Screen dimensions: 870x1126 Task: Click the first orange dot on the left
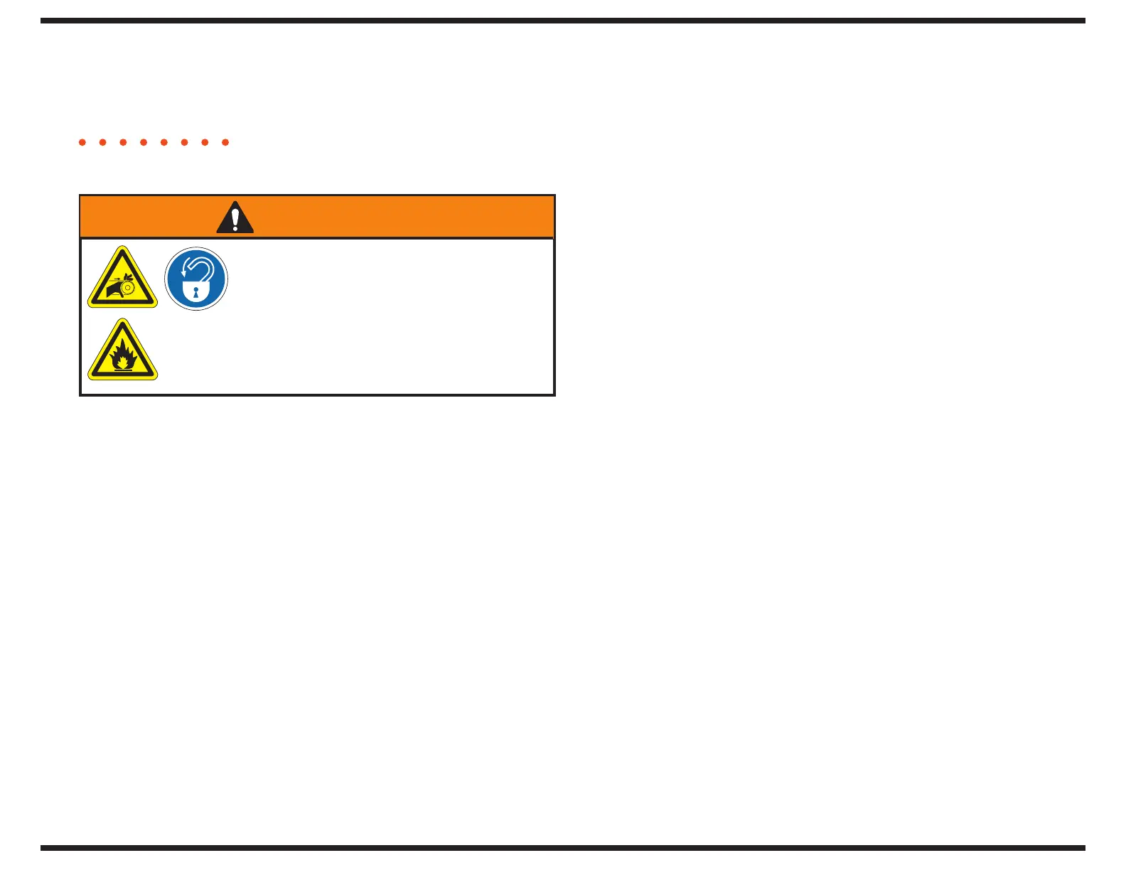coord(82,142)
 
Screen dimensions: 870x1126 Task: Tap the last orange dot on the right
coord(225,142)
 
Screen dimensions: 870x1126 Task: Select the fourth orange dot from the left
coord(144,142)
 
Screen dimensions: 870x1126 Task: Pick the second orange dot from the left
coord(103,142)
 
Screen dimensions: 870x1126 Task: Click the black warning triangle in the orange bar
coord(235,217)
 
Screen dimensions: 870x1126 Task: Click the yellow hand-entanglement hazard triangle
coord(122,279)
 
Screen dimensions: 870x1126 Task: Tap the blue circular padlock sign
coord(196,279)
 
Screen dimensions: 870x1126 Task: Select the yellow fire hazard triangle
coord(122,351)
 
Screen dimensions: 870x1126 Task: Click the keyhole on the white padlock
coord(196,292)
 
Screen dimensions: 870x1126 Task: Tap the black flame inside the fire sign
coord(124,353)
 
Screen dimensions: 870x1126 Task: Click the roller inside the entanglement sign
coord(128,287)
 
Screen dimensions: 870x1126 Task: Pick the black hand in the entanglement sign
coord(114,289)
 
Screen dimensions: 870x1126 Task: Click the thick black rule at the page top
coord(562,21)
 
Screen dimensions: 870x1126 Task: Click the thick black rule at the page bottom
coord(562,847)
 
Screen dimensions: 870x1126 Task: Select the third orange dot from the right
coord(185,142)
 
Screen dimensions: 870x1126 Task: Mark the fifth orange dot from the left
coord(164,142)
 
